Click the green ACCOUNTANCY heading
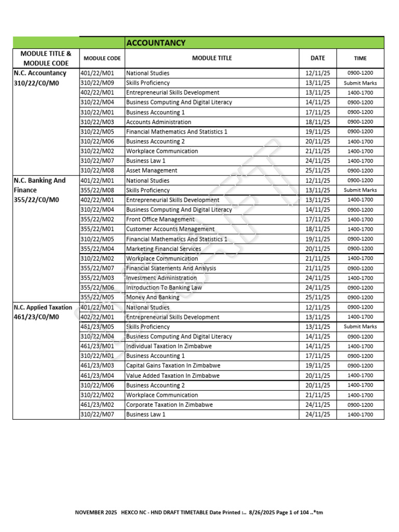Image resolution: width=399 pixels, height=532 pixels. pos(156,43)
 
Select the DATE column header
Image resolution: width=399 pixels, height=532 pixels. pos(317,58)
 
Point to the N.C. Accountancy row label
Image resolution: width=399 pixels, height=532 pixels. pos(40,73)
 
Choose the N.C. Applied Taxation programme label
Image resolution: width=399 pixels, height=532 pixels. pos(44,308)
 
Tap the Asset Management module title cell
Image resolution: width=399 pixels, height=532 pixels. pos(152,170)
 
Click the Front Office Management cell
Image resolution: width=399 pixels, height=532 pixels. pos(160,220)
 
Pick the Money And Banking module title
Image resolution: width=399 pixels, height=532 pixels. pos(153,298)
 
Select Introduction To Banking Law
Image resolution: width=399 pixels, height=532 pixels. pos(164,288)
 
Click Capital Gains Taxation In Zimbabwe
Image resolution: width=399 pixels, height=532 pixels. pos(173,366)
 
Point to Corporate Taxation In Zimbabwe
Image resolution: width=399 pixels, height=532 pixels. pos(169,405)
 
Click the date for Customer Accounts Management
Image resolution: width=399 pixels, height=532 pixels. pos(317,229)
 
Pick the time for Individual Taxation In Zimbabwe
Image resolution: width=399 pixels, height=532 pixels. pos(360,347)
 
